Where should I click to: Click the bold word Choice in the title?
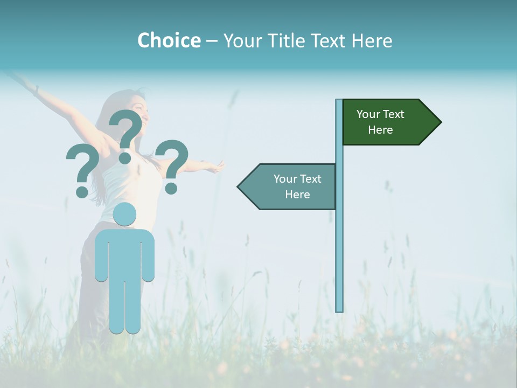169,40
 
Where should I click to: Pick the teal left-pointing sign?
291,186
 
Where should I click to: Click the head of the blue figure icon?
125,213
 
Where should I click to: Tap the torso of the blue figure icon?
124,253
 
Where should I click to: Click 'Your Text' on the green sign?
380,114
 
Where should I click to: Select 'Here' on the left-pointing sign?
297,195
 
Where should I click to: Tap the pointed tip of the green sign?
438,122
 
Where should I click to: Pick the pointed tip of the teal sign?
240,187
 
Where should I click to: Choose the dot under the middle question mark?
125,157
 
